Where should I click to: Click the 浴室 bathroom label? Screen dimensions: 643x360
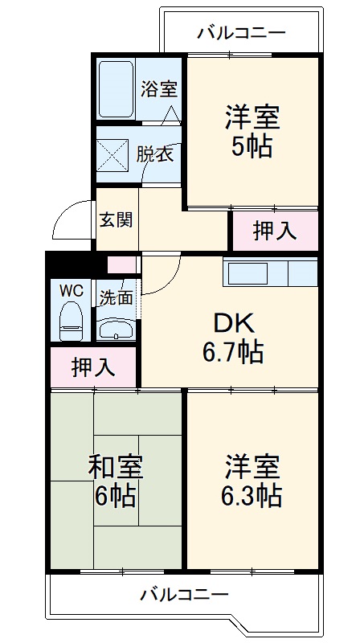158,90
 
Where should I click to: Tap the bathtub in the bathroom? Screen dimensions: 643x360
116,88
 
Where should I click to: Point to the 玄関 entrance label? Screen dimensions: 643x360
117,219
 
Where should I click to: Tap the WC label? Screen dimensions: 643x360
70,288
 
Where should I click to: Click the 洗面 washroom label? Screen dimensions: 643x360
117,297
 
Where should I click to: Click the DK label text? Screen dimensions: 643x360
233,323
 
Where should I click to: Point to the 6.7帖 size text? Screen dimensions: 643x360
233,352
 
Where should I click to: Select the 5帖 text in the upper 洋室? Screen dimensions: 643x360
252,147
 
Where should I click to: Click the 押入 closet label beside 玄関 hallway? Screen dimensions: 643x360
275,231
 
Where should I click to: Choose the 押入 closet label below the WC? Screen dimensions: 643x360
92,367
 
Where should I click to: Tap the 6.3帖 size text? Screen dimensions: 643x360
252,495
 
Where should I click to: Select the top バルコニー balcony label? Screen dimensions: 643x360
241,33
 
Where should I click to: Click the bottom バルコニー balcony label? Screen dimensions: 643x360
185,596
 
